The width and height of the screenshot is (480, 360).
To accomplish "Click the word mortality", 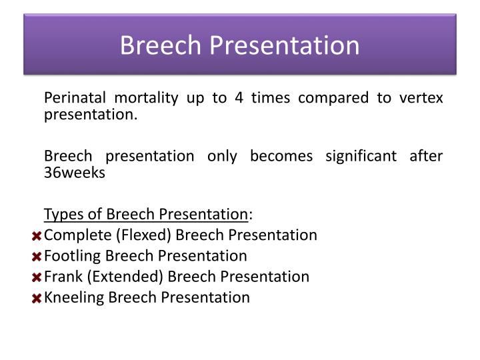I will tap(145, 98).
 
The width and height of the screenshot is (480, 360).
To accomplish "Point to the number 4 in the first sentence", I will tap(238, 98).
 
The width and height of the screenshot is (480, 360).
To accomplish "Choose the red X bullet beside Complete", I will tap(37, 236).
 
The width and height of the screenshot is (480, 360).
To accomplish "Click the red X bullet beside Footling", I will tap(37, 257).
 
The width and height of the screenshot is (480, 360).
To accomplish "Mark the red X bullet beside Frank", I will tap(37, 277).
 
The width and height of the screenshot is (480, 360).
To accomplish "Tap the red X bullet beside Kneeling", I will tap(37, 298).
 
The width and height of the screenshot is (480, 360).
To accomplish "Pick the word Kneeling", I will tap(73, 297).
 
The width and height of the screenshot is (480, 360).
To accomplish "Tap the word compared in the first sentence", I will tap(327, 98).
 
